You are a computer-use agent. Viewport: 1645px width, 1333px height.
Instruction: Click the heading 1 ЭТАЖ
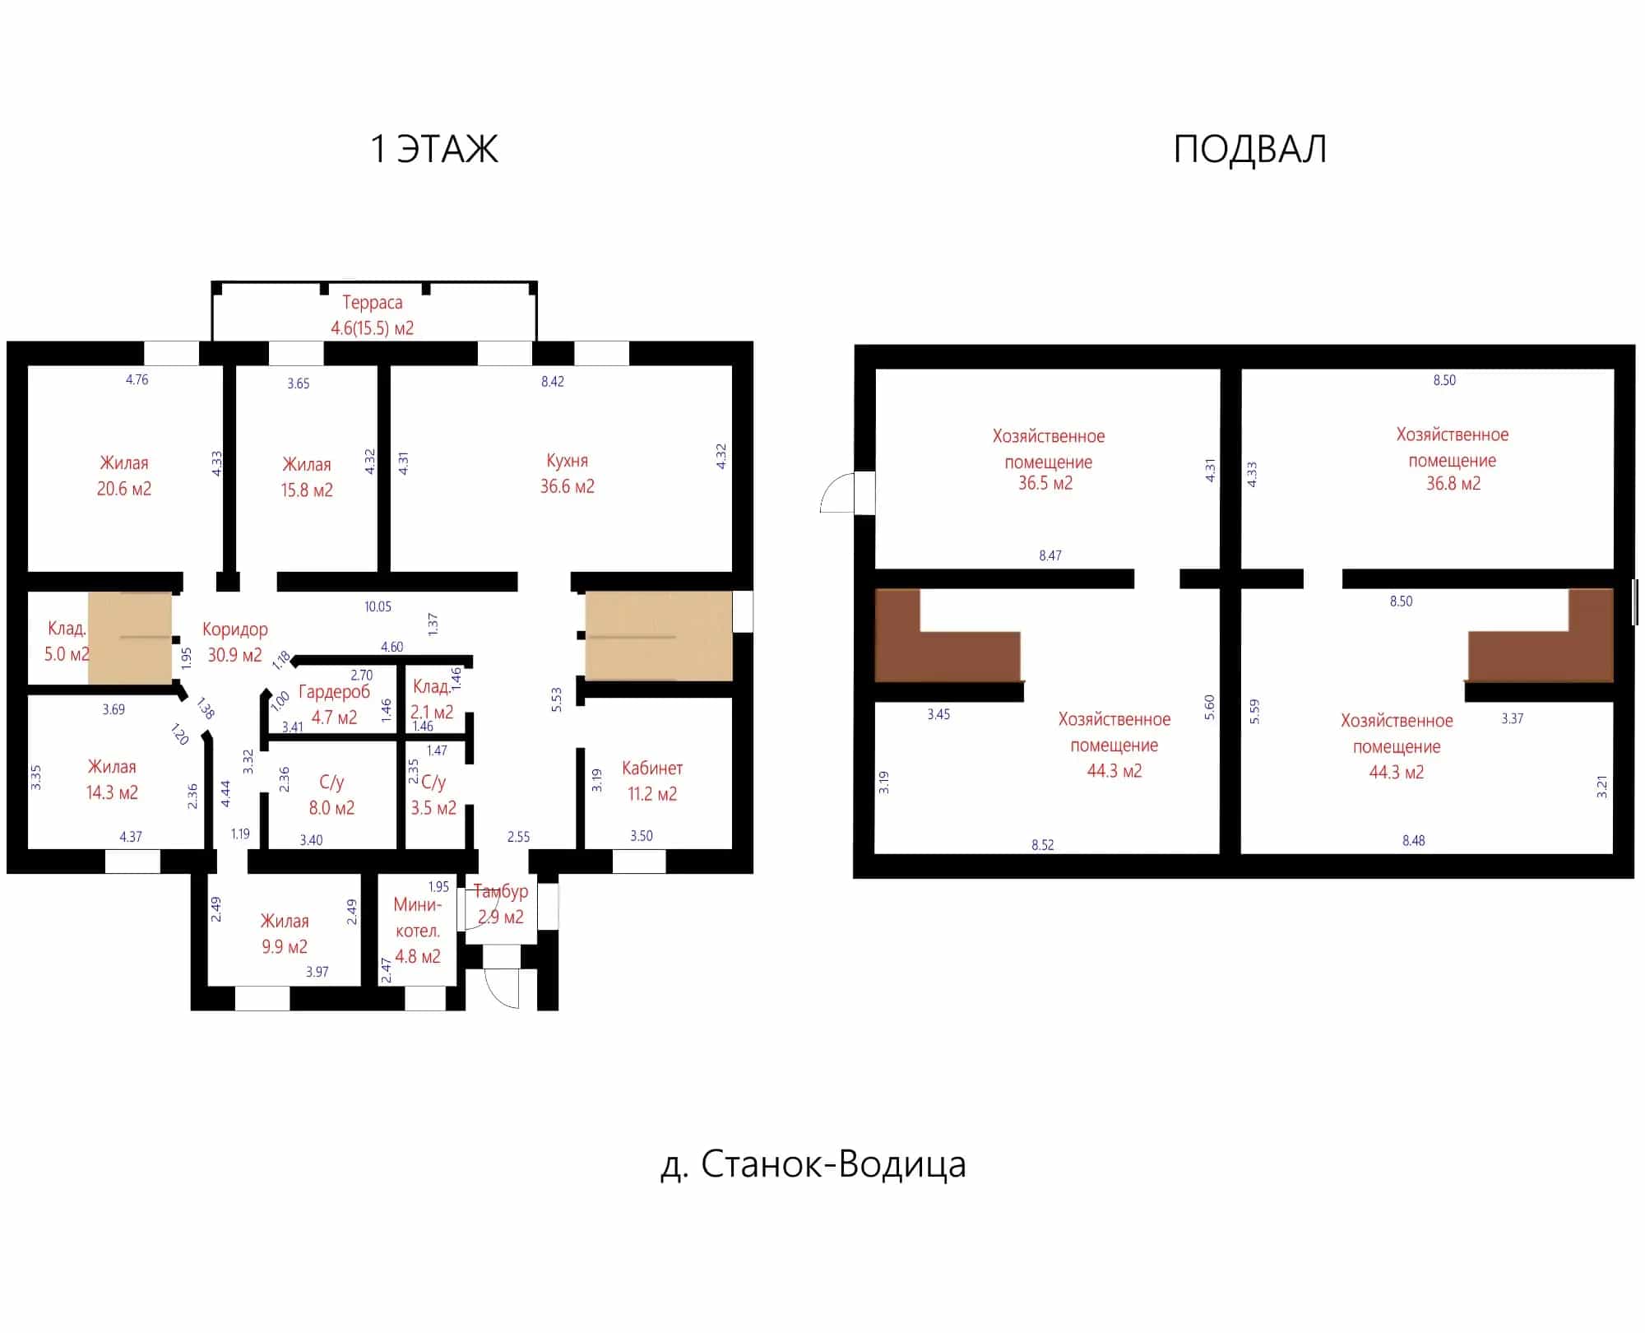tap(434, 149)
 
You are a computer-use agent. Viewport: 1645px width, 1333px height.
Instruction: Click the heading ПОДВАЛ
tap(1249, 149)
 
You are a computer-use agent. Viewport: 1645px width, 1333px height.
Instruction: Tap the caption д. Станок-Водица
tap(813, 1164)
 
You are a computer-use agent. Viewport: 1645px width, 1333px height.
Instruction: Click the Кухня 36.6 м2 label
tap(567, 473)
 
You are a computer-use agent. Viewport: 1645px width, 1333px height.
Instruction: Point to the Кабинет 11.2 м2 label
tap(651, 781)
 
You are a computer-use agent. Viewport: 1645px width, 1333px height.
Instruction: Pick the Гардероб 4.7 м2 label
tap(334, 704)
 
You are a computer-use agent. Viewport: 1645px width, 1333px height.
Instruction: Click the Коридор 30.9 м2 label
tap(234, 642)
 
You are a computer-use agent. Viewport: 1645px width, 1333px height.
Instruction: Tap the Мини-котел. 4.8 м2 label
tap(417, 931)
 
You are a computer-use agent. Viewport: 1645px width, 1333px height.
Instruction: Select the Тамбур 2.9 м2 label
tap(500, 903)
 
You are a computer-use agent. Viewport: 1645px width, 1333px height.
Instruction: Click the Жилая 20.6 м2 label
tap(124, 476)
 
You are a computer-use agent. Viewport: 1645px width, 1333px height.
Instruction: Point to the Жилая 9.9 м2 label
tap(285, 934)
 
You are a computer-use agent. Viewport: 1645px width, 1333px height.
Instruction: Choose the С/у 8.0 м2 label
tap(331, 795)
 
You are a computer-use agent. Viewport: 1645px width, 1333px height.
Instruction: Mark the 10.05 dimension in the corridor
tap(378, 607)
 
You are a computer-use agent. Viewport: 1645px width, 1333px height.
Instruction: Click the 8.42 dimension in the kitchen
tap(553, 382)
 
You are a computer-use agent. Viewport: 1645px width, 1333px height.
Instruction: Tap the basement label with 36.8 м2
tap(1453, 459)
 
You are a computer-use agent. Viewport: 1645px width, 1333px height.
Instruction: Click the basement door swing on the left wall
tap(837, 492)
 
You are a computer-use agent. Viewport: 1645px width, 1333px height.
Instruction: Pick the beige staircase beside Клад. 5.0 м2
tap(130, 637)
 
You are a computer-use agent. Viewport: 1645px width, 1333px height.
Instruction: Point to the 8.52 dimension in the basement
tap(1042, 845)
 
